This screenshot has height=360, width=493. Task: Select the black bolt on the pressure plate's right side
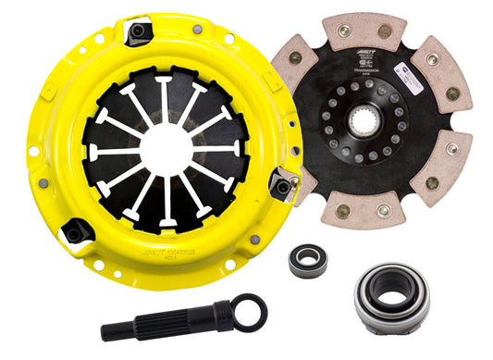[x=281, y=187]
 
